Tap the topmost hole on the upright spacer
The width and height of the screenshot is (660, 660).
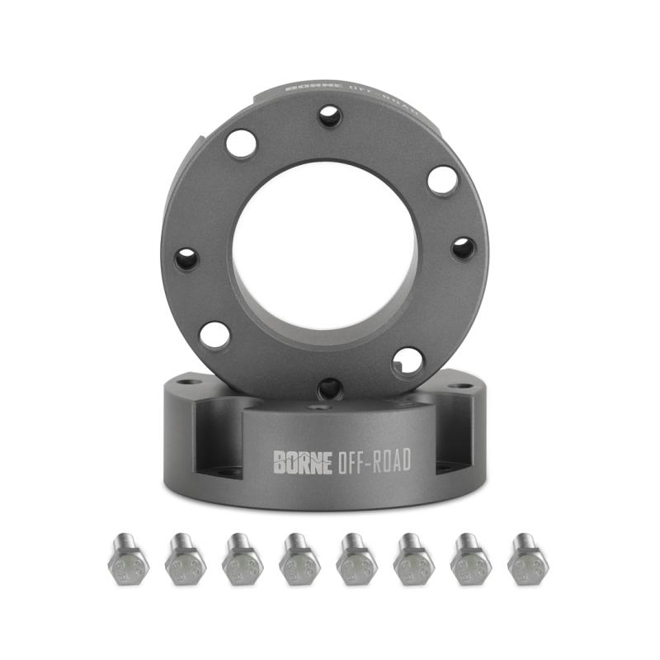pos(330,115)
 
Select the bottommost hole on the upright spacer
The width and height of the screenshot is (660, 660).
pos(330,387)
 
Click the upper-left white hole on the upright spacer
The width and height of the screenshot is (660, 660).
pos(241,144)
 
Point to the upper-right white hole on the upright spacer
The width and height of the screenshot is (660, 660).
pos(442,180)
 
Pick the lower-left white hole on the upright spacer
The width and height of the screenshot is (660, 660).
pos(214,334)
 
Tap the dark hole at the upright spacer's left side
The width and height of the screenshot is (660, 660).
pos(187,259)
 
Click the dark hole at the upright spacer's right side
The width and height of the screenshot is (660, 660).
pos(463,247)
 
